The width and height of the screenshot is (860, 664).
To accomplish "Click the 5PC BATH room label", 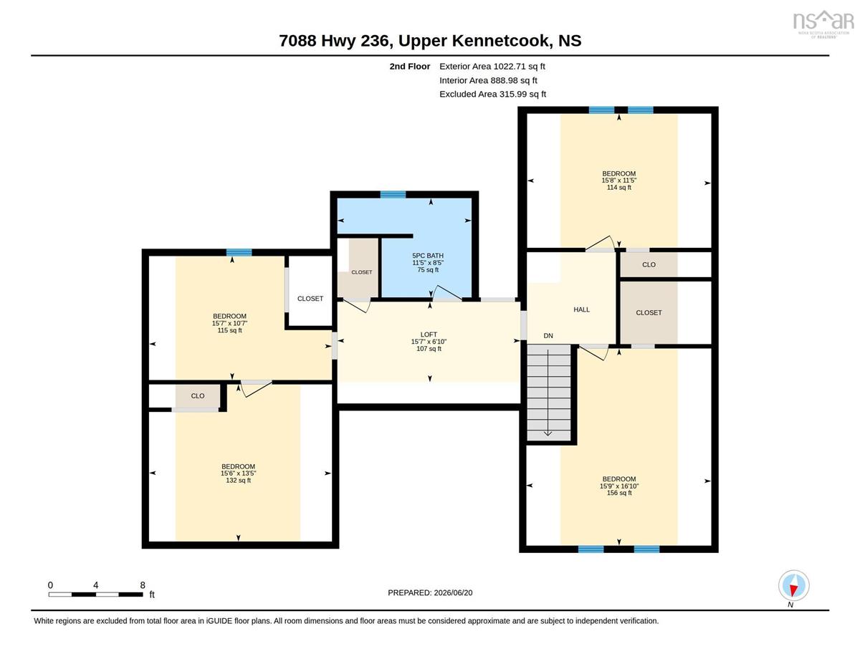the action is click(428, 256).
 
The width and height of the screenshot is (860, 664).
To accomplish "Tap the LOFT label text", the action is click(429, 335).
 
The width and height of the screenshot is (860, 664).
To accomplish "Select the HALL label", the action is click(581, 309).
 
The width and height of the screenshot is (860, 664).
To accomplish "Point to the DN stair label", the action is click(548, 336).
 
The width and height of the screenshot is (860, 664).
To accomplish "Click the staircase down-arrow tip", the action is click(548, 436).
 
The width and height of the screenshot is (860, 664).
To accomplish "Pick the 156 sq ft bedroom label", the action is click(619, 486).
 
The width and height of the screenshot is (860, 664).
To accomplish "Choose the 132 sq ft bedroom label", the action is click(238, 473).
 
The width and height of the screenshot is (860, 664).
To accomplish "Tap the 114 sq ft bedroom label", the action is click(619, 181).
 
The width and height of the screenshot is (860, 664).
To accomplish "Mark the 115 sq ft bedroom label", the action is click(229, 323).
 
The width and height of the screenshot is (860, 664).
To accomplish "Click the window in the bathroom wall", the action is click(393, 194).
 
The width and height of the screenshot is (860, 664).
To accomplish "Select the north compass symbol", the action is click(793, 586).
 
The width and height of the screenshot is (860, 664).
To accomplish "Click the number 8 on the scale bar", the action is click(143, 585).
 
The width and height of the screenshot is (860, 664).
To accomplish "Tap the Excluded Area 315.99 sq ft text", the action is click(493, 94).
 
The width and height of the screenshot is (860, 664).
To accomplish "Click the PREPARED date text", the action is click(430, 593).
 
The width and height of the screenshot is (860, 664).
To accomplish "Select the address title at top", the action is click(430, 41).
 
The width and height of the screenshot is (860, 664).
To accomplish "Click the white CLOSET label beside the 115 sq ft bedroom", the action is click(310, 299).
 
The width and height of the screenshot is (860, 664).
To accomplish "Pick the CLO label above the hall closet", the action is click(649, 264).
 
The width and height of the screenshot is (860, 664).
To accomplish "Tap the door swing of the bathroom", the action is click(447, 293).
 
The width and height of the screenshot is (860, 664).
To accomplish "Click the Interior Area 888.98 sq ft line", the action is click(488, 80).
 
